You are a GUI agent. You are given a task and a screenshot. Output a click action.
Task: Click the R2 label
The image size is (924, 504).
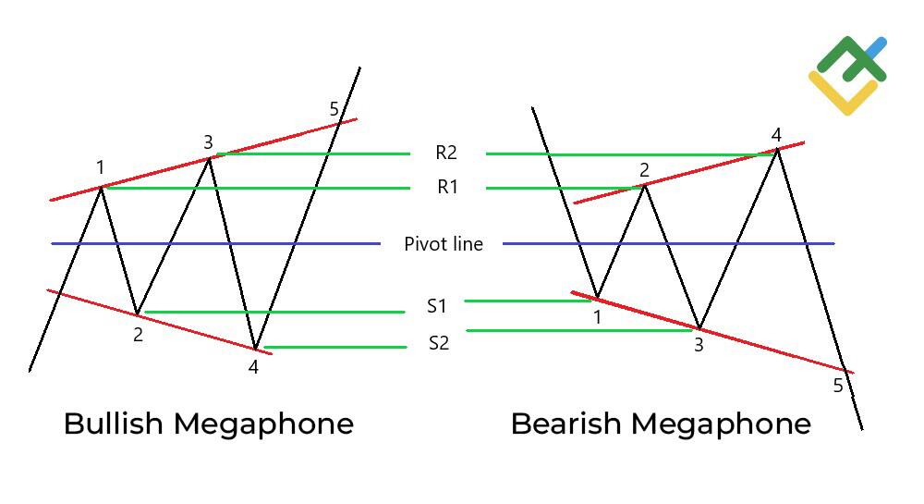click(446, 154)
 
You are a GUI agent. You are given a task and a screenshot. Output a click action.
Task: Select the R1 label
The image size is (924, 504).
click(447, 188)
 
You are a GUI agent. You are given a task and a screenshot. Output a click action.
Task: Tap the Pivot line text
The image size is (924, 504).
click(444, 244)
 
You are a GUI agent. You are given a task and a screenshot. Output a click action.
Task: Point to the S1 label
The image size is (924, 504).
click(437, 307)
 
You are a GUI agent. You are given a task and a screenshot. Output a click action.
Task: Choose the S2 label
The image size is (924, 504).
click(439, 344)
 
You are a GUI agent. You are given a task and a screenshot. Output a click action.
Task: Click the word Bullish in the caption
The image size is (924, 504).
click(114, 424)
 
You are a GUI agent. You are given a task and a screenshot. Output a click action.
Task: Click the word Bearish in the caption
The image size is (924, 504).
click(565, 424)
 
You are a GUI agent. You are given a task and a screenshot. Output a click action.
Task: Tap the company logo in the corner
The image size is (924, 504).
click(847, 75)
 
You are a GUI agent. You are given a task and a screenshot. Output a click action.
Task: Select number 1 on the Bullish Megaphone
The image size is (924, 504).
click(101, 167)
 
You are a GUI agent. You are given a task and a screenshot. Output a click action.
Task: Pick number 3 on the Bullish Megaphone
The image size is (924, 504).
click(208, 141)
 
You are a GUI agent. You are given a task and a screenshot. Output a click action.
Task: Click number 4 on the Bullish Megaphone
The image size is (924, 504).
click(253, 367)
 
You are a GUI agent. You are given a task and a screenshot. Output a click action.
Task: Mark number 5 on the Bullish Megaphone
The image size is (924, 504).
click(334, 110)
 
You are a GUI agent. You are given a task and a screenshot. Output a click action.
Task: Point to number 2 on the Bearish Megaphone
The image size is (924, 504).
click(644, 169)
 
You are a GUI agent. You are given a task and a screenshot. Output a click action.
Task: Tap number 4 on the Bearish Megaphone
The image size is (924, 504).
click(776, 136)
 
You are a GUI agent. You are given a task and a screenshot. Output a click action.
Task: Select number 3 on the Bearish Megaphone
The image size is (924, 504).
click(699, 346)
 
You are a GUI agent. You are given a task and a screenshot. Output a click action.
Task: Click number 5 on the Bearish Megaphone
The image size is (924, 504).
click(838, 386)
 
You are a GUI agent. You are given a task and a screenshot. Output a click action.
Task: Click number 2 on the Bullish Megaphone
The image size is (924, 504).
click(138, 335)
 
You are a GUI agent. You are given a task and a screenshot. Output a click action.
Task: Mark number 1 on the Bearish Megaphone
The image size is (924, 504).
click(597, 318)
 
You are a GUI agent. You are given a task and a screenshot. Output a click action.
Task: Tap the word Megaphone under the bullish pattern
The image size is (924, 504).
click(263, 424)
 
